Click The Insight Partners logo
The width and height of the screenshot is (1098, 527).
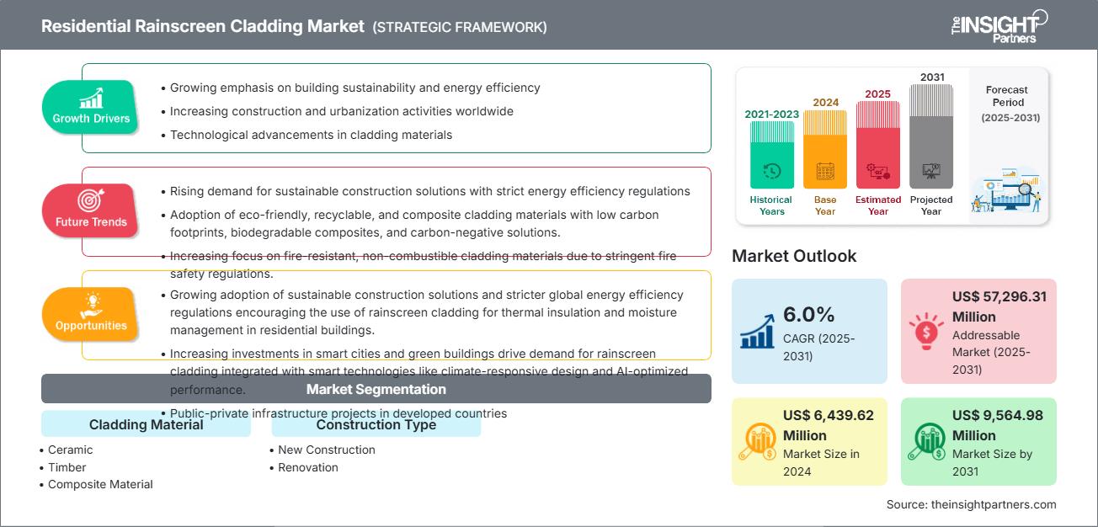point(998,25)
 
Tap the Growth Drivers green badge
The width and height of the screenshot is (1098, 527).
point(91,106)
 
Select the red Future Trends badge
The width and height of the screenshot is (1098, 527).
point(91,210)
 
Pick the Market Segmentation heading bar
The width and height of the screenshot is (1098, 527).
point(376,389)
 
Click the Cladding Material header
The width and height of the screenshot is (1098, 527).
point(146,424)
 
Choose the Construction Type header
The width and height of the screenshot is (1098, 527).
point(376,424)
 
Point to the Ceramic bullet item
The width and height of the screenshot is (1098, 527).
point(70,450)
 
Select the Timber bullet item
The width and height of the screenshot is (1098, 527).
point(67,467)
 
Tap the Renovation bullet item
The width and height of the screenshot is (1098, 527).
point(307,467)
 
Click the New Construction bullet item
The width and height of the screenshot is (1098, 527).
point(326,450)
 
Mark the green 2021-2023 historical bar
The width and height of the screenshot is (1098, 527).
point(771,155)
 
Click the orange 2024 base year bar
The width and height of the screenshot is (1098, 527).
point(825,149)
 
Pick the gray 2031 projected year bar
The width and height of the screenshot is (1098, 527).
point(931,136)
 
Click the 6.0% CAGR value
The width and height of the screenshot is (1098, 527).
point(808,315)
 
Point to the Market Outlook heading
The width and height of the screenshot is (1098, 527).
point(794,256)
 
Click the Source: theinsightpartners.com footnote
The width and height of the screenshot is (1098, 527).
point(971,504)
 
